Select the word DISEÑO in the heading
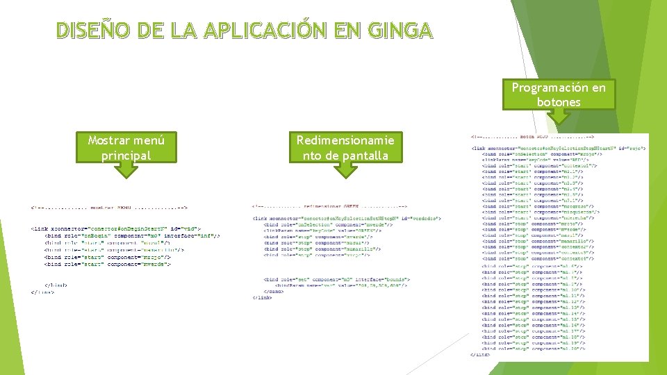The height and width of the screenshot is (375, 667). tap(90, 31)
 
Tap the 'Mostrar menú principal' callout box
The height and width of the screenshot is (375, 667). tap(126, 147)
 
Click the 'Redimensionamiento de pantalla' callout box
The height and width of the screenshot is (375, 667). tap(345, 147)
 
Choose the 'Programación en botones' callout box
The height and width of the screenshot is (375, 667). tap(559, 94)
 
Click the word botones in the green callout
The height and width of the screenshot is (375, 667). tap(559, 102)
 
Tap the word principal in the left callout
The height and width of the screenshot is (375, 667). tap(126, 155)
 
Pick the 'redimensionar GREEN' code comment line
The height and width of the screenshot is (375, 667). tap(330, 206)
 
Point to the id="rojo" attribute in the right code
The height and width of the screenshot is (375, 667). tap(634, 147)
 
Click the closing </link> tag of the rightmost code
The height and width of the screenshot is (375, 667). tap(480, 355)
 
